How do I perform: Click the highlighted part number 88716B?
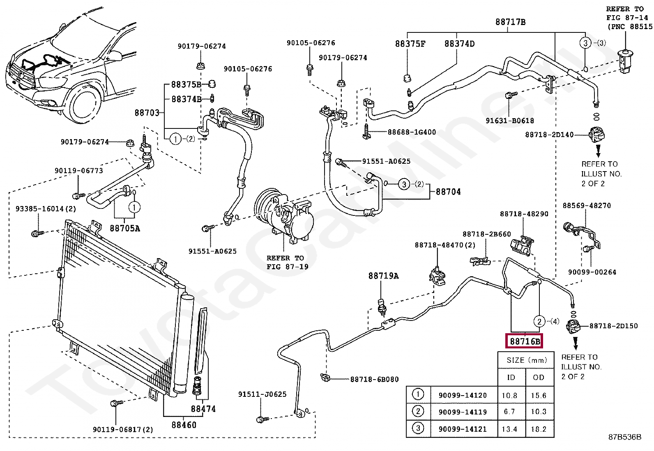(x=525, y=341)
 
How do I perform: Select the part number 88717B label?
(x=510, y=22)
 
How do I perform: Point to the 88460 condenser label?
(x=184, y=425)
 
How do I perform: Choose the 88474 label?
(x=203, y=409)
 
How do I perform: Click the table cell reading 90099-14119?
(x=463, y=412)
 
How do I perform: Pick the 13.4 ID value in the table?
(x=509, y=429)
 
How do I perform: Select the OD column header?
(x=539, y=377)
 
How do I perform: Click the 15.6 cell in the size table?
(x=539, y=395)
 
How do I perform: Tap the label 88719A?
(x=383, y=276)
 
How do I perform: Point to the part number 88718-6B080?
(x=374, y=380)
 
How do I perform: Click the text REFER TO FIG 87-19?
(x=285, y=262)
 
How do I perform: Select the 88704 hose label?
(x=448, y=192)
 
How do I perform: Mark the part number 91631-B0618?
(x=510, y=121)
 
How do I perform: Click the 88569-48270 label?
(x=587, y=206)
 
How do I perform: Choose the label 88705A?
(x=124, y=228)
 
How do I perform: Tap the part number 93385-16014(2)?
(x=46, y=209)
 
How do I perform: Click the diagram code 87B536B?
(x=624, y=437)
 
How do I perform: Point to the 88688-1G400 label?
(x=412, y=132)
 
